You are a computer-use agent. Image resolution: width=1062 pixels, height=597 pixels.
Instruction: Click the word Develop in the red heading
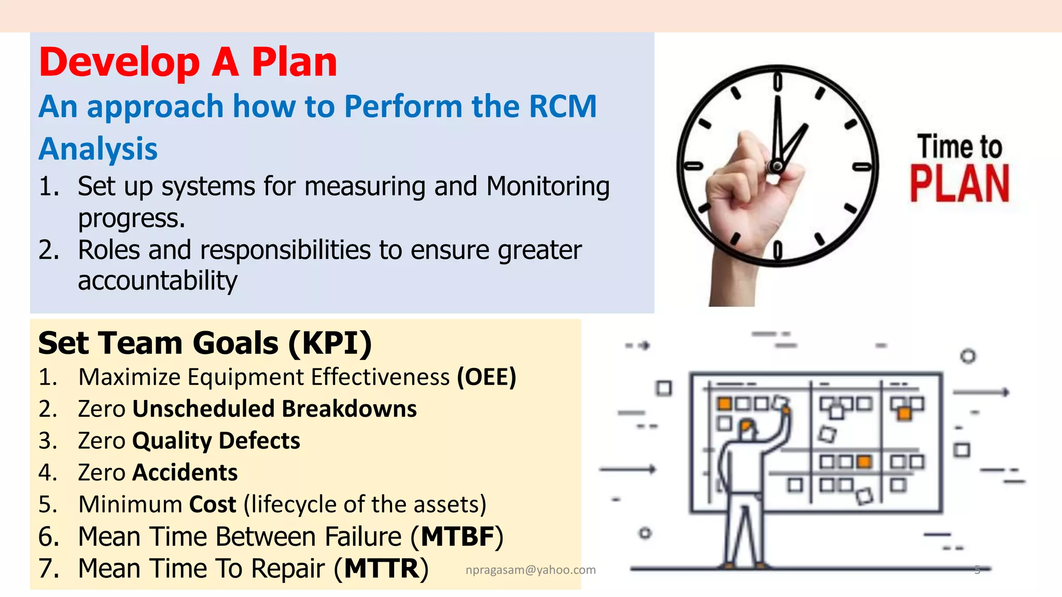pyautogui.click(x=119, y=63)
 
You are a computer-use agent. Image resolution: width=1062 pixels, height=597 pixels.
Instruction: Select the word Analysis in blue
pyautogui.click(x=98, y=149)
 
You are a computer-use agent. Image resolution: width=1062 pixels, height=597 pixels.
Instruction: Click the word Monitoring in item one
pyautogui.click(x=548, y=187)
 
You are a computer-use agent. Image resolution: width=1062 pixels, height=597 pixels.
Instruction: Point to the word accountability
pyautogui.click(x=157, y=281)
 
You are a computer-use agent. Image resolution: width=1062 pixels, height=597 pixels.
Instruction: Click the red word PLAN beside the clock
pyautogui.click(x=959, y=183)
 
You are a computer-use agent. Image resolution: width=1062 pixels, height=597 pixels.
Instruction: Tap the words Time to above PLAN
pyautogui.click(x=959, y=147)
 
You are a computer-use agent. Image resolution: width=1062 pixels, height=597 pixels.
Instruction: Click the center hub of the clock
pyautogui.click(x=777, y=166)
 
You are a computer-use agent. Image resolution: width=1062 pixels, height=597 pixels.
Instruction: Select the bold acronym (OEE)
pyautogui.click(x=486, y=377)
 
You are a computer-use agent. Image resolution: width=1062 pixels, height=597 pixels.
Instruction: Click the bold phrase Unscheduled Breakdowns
pyautogui.click(x=274, y=409)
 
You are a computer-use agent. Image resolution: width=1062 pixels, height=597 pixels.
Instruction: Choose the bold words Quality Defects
pyautogui.click(x=216, y=441)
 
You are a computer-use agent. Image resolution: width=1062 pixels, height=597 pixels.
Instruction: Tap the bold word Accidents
pyautogui.click(x=185, y=473)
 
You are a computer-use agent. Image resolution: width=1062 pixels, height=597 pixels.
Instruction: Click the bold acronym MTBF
pyautogui.click(x=457, y=536)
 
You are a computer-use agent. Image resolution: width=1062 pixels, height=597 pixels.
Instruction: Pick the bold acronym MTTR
pyautogui.click(x=381, y=568)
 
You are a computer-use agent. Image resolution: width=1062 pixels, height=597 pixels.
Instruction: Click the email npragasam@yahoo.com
pyautogui.click(x=530, y=570)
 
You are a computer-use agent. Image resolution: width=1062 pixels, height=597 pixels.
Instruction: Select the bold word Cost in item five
pyautogui.click(x=213, y=504)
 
